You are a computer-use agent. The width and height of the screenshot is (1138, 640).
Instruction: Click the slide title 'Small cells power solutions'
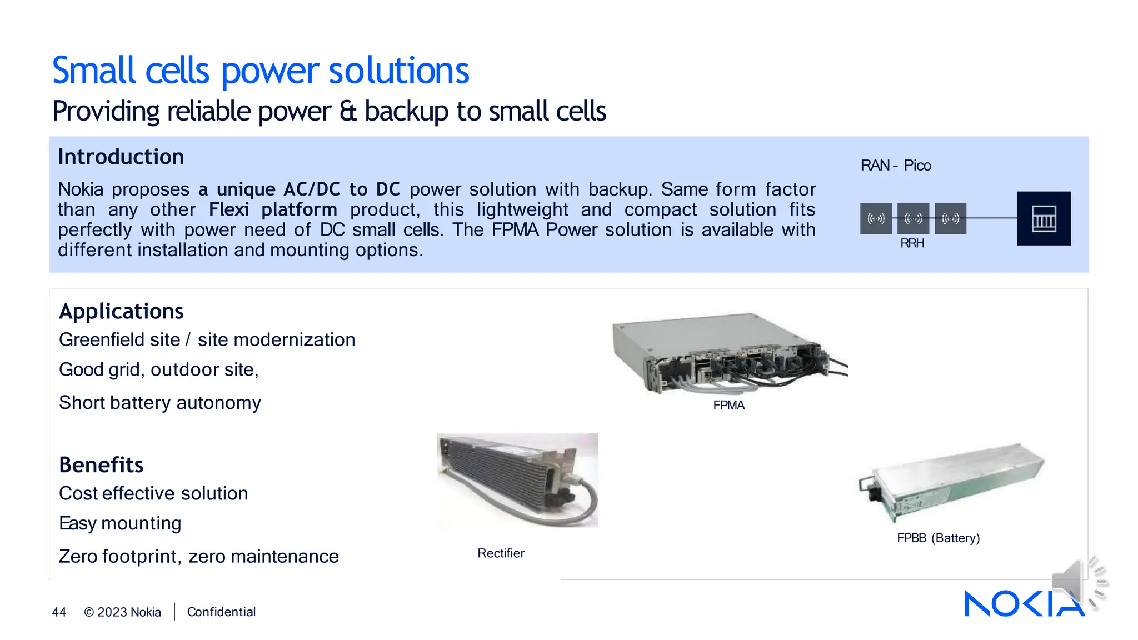[261, 71]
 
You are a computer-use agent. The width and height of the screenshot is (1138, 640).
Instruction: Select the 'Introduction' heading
[121, 157]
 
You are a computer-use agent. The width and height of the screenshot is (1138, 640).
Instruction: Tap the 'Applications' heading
[121, 312]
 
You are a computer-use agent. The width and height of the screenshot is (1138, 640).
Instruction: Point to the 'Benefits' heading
[101, 465]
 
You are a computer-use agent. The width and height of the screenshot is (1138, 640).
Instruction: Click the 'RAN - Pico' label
[895, 166]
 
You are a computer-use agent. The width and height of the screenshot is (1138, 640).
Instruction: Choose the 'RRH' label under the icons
[912, 243]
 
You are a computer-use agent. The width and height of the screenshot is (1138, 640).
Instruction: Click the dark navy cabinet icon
[1043, 218]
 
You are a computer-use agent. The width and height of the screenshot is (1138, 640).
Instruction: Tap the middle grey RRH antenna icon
[913, 218]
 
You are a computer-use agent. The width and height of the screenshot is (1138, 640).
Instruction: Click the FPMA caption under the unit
[728, 406]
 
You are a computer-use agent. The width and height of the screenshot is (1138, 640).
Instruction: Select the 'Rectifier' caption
[501, 553]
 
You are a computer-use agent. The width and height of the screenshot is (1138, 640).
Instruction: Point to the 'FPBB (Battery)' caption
[938, 538]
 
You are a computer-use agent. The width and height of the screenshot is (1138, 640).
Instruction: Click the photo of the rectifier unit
[517, 480]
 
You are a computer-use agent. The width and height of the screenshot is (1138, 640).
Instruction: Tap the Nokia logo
[1024, 604]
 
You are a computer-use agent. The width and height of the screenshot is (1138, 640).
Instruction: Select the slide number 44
[59, 612]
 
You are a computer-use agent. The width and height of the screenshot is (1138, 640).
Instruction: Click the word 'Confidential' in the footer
[221, 612]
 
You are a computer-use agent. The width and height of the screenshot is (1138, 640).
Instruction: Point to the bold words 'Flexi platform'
[273, 210]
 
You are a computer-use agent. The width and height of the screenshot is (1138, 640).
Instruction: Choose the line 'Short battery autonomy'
[160, 403]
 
